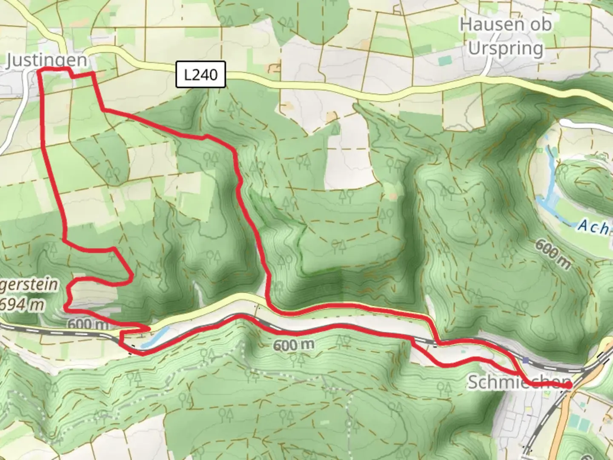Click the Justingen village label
tap(47, 60)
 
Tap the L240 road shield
tap(201, 75)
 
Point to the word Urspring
tap(505, 48)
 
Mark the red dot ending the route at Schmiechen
tap(568, 385)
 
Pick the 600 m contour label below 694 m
tap(88, 324)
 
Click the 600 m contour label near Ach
tap(552, 254)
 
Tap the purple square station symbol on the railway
tap(527, 360)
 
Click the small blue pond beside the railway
tap(153, 337)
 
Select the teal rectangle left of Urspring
tap(444, 61)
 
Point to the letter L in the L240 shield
tap(188, 75)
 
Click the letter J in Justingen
tap(11, 60)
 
